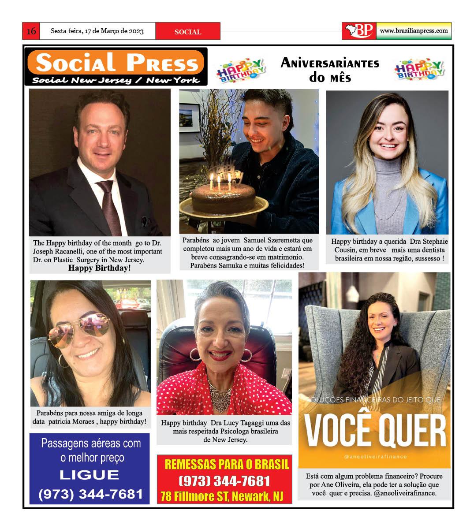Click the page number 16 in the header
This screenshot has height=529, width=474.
[x=31, y=31]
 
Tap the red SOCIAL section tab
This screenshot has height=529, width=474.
[x=188, y=32]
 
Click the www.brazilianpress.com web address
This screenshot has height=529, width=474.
[x=414, y=31]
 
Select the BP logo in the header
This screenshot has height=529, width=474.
[x=359, y=31]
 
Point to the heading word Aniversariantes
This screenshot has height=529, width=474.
[x=330, y=63]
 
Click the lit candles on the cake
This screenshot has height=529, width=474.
[x=219, y=180]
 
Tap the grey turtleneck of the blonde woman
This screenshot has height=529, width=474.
[x=388, y=185]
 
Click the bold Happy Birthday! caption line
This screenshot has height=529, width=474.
[x=100, y=268]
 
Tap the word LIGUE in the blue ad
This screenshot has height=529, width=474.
[x=90, y=475]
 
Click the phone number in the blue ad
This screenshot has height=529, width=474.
[x=91, y=494]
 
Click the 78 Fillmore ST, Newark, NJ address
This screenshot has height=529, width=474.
[x=222, y=496]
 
